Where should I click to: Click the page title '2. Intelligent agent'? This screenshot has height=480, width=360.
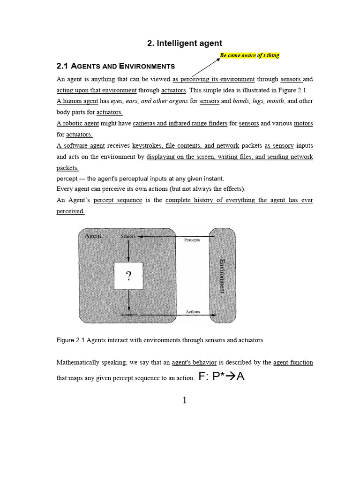pos(185,43)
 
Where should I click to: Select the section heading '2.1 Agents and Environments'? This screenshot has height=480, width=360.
pos(115,66)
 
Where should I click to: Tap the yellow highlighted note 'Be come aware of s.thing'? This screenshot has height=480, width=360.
pos(249,55)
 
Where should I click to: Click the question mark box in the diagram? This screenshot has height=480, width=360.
pos(128,276)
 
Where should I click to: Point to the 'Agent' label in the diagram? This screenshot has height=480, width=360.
pos(93,236)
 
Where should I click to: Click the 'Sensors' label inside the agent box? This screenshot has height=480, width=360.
pos(128,236)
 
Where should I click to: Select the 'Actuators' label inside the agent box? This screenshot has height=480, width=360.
pos(129,315)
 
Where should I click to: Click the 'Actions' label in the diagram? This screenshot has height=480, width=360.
pos(193,311)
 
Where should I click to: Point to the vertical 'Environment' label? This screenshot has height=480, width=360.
pos(223,276)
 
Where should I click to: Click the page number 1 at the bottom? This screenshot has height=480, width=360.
pos(184,400)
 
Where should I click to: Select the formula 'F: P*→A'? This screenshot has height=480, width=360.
pos(222,377)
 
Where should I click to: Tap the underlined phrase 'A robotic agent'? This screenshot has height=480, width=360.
pos(77,123)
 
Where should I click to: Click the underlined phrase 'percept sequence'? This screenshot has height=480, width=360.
pos(117,200)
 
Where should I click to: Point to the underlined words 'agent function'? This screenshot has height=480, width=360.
pos(293,362)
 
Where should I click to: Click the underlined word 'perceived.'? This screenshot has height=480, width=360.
pos(70,211)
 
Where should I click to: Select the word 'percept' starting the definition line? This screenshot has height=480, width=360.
pos(67,179)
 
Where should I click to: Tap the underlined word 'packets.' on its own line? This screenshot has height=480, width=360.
pos(67,168)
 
